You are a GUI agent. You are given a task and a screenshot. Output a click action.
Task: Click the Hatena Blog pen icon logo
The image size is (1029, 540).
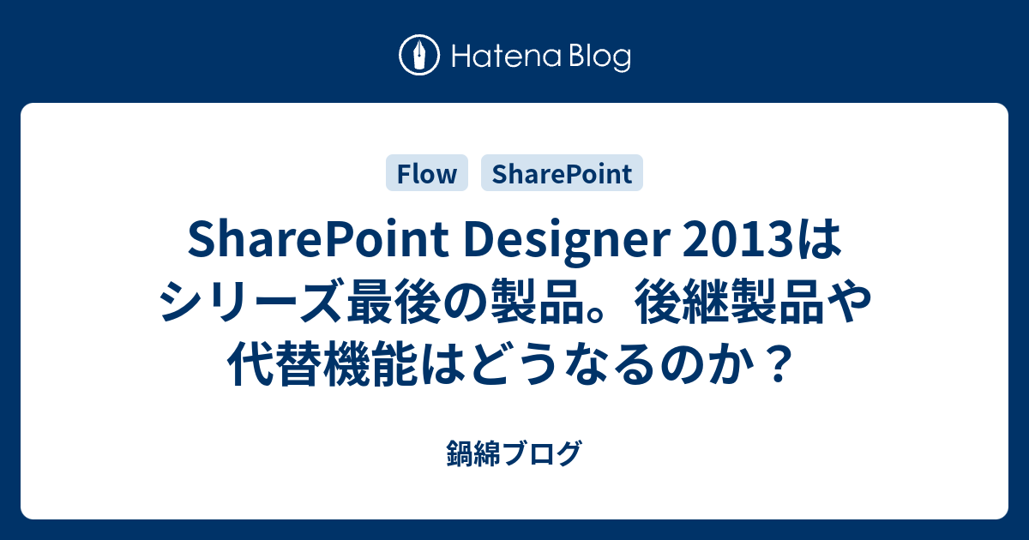[419, 55]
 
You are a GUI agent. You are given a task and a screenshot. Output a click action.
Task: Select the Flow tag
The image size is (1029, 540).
[427, 173]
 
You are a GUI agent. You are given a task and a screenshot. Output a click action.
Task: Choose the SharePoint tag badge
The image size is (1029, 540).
[562, 173]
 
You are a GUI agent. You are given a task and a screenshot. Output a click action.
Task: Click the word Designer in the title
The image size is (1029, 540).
[567, 241]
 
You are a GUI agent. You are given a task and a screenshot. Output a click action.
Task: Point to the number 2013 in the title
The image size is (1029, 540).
[738, 240]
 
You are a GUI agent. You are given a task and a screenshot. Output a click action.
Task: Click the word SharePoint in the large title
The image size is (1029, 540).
[318, 240]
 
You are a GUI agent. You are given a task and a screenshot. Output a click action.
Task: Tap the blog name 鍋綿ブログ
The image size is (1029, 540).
[514, 453]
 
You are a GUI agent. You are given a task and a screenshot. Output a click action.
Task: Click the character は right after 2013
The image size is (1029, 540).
[820, 240]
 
